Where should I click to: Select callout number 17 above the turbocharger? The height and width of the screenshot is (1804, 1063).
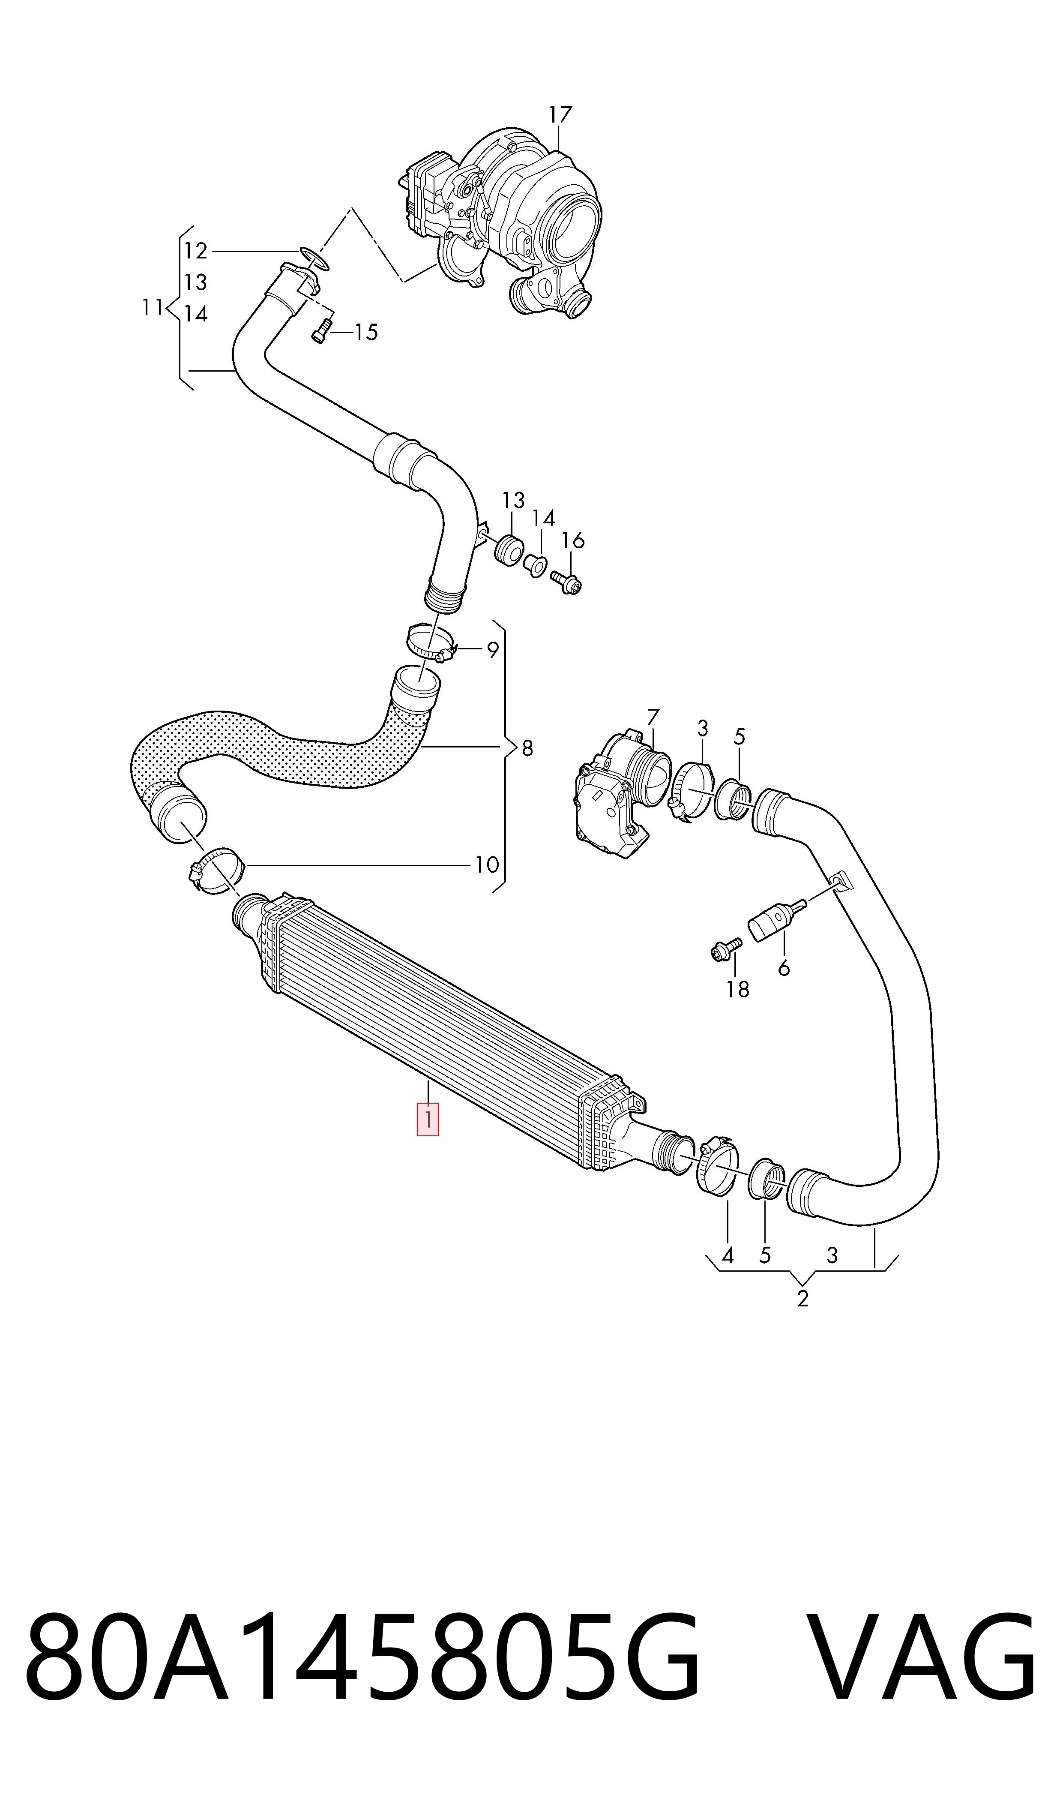561,114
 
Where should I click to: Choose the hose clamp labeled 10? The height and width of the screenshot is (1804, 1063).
216,870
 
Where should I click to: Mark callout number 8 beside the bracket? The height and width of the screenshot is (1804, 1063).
527,749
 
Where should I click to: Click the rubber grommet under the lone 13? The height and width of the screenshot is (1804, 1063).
509,549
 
